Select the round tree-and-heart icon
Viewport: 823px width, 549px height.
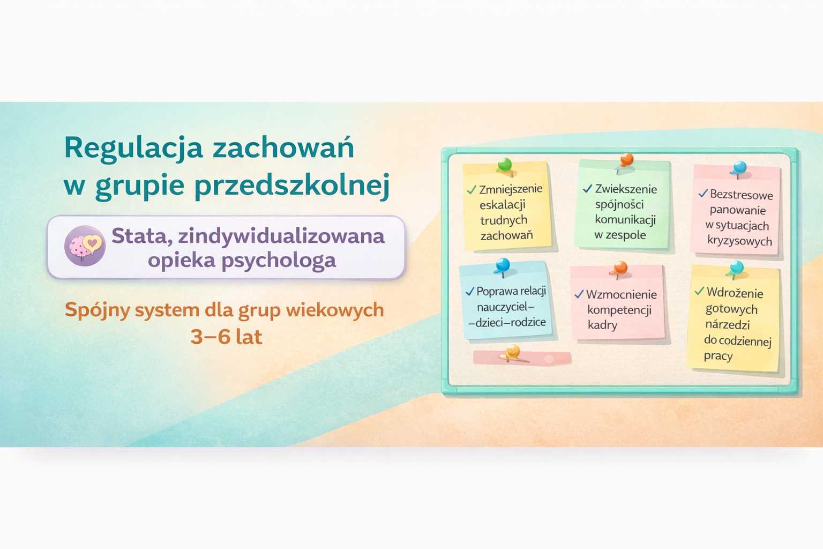(x=85, y=246)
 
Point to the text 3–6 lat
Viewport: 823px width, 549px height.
(x=226, y=337)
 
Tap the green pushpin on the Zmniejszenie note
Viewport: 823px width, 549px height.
(x=504, y=165)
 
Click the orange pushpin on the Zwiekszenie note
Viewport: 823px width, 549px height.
(x=626, y=160)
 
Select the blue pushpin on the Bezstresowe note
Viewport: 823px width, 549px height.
(x=739, y=168)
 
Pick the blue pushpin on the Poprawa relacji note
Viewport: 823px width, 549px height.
(x=503, y=265)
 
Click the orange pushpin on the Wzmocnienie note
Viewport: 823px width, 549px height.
(x=620, y=268)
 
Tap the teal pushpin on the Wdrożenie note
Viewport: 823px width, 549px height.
(x=737, y=267)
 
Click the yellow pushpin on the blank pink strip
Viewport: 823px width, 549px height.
(x=513, y=352)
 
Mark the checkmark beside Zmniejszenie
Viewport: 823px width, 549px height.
(x=472, y=190)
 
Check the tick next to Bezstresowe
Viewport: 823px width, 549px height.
(x=703, y=194)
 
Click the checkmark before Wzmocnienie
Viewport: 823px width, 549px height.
(x=579, y=294)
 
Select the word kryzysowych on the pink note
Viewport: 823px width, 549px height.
(x=739, y=241)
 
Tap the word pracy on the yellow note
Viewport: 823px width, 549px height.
(x=718, y=356)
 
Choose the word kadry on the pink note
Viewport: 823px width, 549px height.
(x=602, y=325)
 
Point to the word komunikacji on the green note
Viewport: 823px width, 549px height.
(x=625, y=220)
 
